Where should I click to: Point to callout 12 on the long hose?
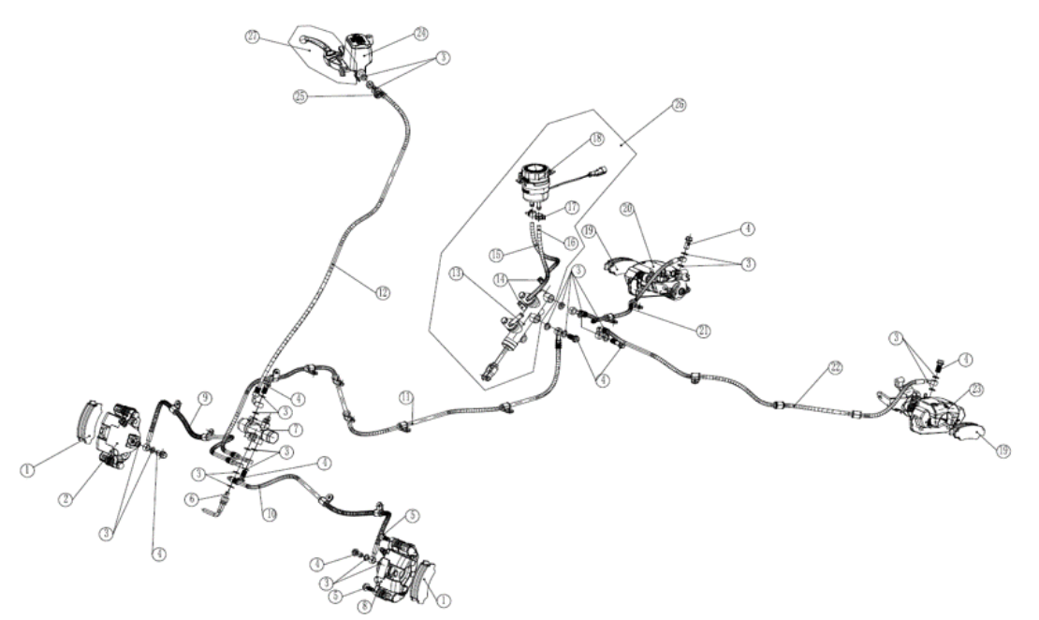pyautogui.click(x=382, y=293)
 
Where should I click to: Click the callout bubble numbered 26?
pyautogui.click(x=679, y=105)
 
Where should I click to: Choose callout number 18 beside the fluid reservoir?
pyautogui.click(x=595, y=139)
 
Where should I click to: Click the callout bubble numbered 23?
pyautogui.click(x=976, y=390)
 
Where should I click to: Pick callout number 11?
pyautogui.click(x=405, y=398)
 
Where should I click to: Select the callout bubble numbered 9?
pyautogui.click(x=202, y=395)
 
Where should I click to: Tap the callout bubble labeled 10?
pyautogui.click(x=269, y=514)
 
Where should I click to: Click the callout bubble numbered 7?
pyautogui.click(x=296, y=430)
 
